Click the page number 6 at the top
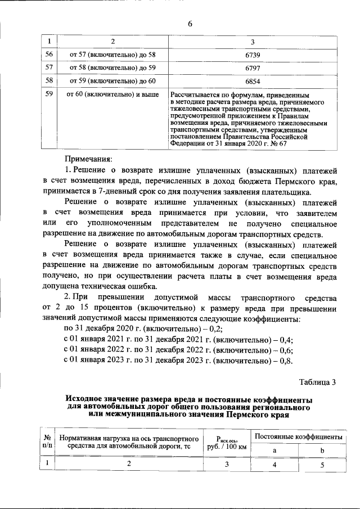coord(190,23)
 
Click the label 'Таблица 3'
coord(317,382)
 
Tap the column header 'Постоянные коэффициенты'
coord(298,436)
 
